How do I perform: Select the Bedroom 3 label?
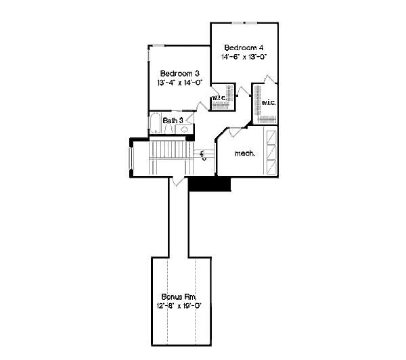tap(179, 73)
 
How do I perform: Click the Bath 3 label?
tap(173, 120)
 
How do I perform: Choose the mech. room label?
tap(244, 154)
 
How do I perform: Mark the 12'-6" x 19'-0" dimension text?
tap(181, 306)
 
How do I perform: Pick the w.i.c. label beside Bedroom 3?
tap(219, 98)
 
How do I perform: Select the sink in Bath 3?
tap(183, 127)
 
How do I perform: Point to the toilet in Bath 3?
tap(169, 127)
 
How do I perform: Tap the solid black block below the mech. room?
tap(210, 184)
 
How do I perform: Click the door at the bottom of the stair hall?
tap(177, 180)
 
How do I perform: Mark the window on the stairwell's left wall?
tap(131, 159)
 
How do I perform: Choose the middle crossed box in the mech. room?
tap(271, 152)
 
